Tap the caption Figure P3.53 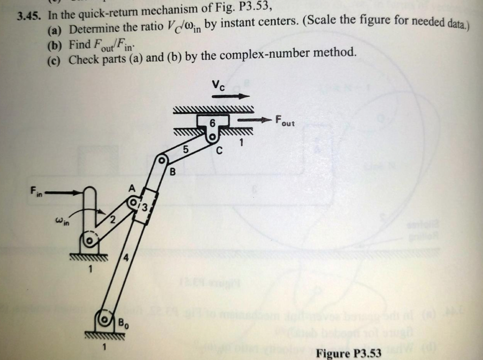click(x=349, y=353)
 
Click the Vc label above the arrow click(x=218, y=85)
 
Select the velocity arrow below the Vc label click(x=230, y=97)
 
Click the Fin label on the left click(x=36, y=191)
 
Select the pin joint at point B click(x=162, y=161)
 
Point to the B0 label click(x=122, y=324)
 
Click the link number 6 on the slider click(x=212, y=123)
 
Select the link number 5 click(x=185, y=150)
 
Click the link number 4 click(x=125, y=258)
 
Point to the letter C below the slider click(x=218, y=151)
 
